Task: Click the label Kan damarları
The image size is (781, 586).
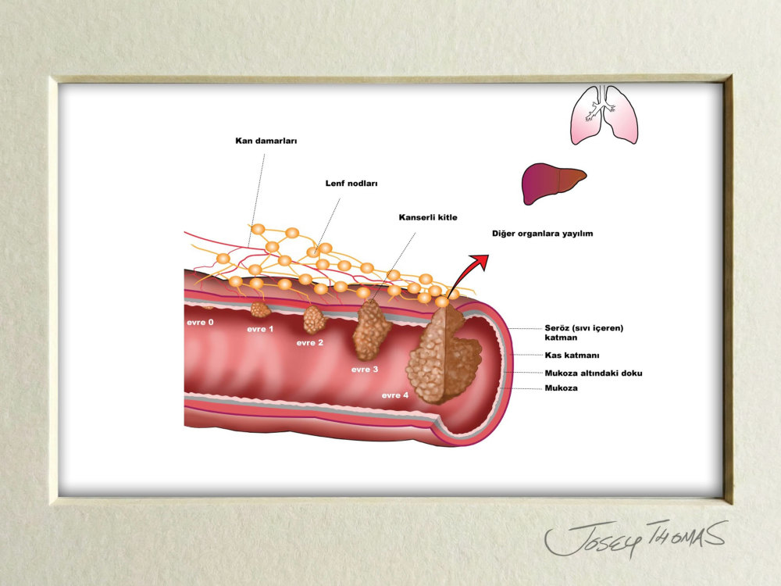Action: click(x=266, y=141)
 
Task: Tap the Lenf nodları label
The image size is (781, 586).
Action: click(x=351, y=184)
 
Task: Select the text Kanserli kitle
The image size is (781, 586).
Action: click(x=428, y=217)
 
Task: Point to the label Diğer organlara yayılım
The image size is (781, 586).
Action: click(x=543, y=233)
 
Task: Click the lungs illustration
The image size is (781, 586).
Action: click(x=604, y=115)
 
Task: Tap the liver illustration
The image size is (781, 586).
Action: click(x=554, y=183)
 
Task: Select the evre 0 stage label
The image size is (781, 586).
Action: click(x=200, y=323)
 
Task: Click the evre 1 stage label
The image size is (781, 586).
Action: click(x=260, y=329)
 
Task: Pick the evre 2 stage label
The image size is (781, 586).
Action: click(x=310, y=343)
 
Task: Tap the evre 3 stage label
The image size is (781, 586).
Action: click(x=365, y=370)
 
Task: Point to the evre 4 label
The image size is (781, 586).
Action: click(x=395, y=395)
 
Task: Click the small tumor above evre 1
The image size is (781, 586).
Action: click(x=260, y=309)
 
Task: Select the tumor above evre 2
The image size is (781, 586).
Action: click(x=314, y=320)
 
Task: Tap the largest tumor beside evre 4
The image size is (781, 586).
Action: click(x=444, y=356)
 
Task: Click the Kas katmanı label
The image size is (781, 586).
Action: click(x=572, y=356)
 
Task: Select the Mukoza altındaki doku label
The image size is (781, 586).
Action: click(x=594, y=373)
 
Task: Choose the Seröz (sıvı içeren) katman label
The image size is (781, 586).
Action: click(x=583, y=332)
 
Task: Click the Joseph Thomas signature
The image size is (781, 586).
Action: click(x=635, y=538)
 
